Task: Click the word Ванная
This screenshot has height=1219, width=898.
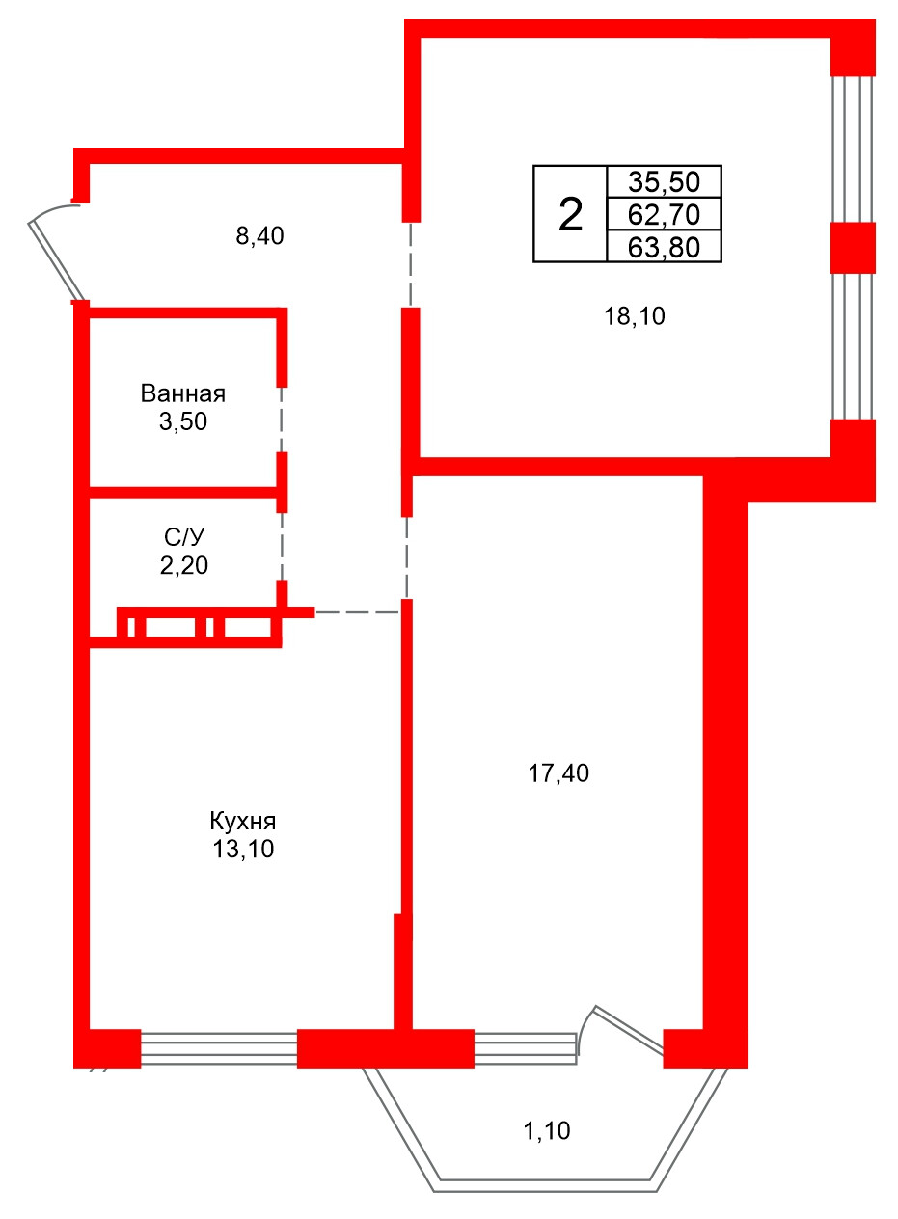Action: click(183, 393)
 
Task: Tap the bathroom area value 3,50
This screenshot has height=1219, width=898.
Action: click(183, 421)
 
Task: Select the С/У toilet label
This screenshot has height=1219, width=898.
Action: click(184, 537)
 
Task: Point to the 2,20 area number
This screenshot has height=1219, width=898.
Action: click(184, 565)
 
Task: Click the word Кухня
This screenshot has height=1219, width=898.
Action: click(243, 821)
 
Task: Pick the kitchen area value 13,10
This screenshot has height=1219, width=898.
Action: click(243, 849)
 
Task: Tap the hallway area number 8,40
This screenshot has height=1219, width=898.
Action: click(259, 236)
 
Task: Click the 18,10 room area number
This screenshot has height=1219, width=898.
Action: click(635, 316)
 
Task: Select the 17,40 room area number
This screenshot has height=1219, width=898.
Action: click(558, 772)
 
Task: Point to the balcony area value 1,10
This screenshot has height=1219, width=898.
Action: click(546, 1130)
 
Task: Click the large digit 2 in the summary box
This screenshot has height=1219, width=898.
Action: click(570, 215)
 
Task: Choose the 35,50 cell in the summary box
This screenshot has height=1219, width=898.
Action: click(664, 181)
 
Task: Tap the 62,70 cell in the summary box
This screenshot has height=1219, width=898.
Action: click(664, 214)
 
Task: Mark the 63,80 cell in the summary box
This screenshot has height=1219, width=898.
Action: click(664, 247)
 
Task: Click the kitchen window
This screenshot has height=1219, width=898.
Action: click(219, 1048)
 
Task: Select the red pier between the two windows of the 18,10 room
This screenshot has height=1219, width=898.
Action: click(853, 248)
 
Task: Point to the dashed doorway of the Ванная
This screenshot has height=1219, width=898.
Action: click(282, 420)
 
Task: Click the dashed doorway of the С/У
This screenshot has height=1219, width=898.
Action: click(282, 547)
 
